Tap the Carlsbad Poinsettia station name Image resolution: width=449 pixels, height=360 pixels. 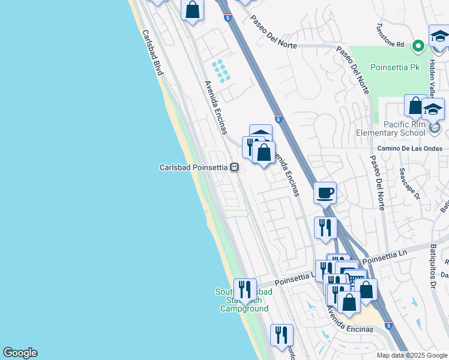tap(194, 168)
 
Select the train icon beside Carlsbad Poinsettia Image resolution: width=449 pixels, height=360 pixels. tap(235, 168)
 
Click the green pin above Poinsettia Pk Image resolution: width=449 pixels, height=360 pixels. tap(419, 45)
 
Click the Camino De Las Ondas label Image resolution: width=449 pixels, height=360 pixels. tap(409, 148)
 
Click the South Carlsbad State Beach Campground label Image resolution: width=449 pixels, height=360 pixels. tap(244, 300)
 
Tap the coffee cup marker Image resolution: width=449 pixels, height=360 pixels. tap(325, 193)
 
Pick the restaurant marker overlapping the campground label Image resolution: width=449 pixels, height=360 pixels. tap(244, 289)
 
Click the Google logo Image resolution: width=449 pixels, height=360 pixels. tap(20, 353)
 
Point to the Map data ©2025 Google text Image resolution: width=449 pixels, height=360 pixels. tap(411, 355)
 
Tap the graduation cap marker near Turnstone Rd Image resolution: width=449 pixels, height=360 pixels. tap(439, 36)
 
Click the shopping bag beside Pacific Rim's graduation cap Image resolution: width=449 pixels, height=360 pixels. tap(415, 106)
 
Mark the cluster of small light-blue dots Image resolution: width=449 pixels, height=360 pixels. tap(221, 70)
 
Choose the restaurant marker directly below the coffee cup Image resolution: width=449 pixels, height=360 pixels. tap(325, 228)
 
